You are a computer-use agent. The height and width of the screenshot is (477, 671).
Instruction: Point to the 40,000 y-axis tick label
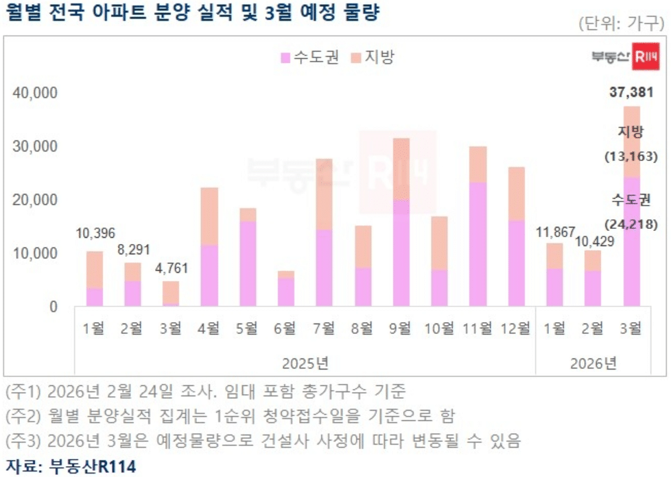tap(36, 93)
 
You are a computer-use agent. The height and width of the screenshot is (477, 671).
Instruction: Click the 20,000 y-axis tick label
tap(36, 200)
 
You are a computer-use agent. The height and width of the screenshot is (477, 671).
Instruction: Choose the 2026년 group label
tap(593, 362)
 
